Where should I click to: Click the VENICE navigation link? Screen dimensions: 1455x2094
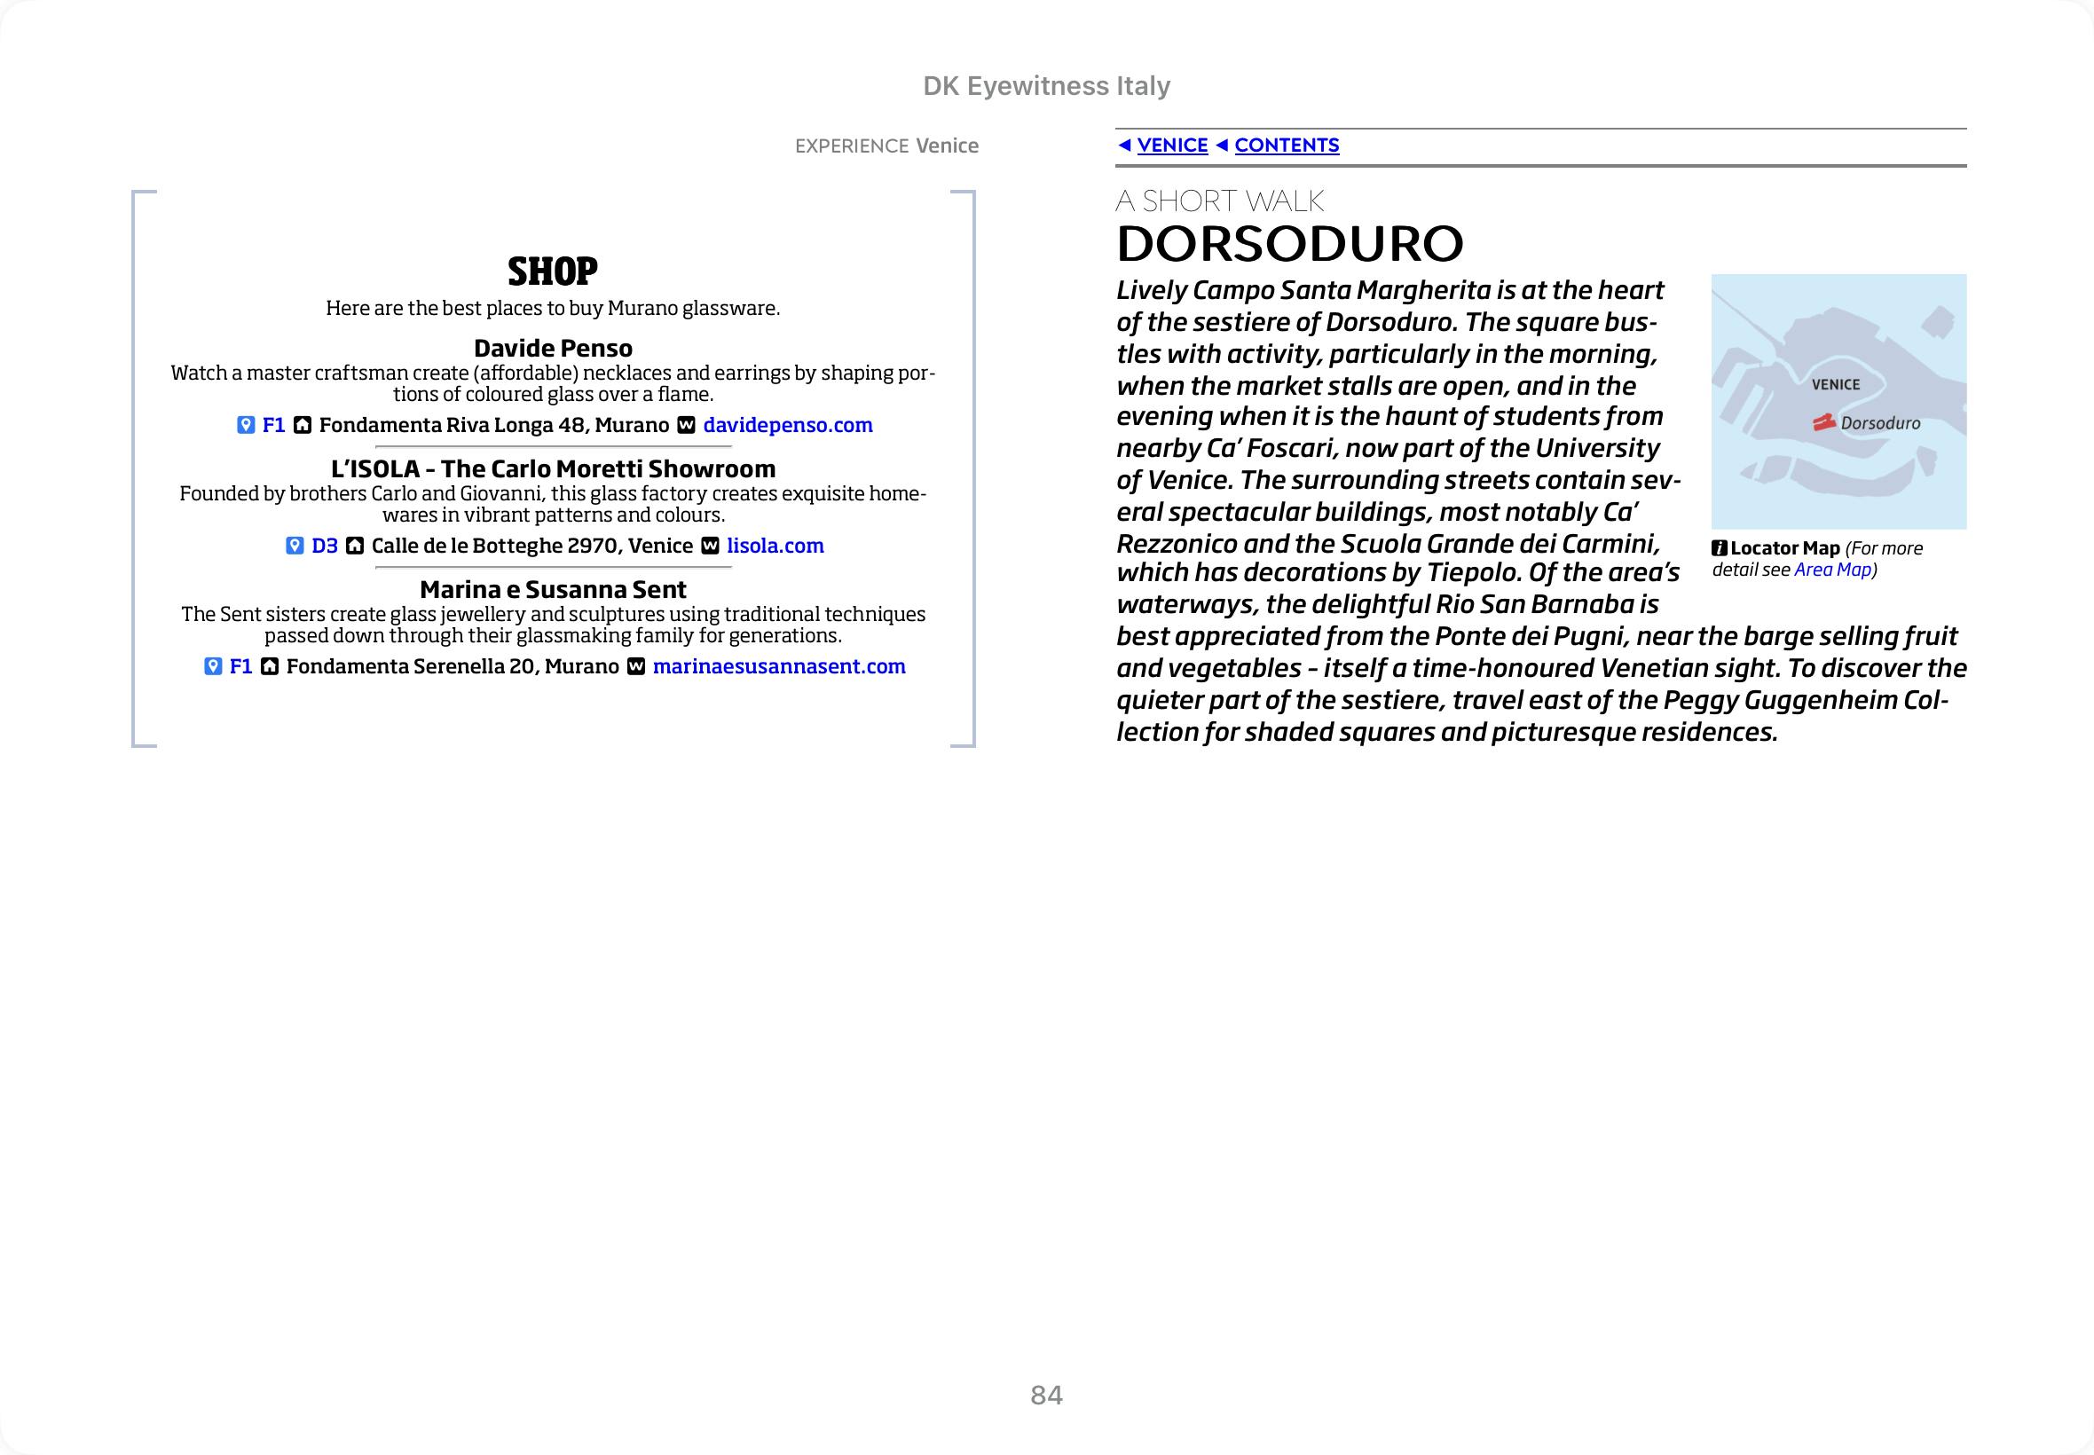pos(1171,145)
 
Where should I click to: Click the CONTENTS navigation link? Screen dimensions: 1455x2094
pos(1287,145)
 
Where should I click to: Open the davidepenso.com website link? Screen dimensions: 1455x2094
pos(788,425)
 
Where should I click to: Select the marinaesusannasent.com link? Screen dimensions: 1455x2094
pos(778,666)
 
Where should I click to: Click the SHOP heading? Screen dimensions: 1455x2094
pos(553,271)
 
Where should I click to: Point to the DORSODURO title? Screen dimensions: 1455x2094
pos(1289,243)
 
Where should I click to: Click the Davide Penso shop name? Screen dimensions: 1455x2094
pos(553,349)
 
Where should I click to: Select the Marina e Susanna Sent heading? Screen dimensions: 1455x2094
pos(553,589)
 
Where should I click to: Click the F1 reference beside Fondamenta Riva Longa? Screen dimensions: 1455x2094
pos(273,425)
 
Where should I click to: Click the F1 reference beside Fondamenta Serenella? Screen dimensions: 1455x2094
pos(240,666)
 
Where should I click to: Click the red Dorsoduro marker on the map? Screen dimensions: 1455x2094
pos(1823,422)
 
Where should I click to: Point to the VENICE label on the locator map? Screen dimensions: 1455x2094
pos(1835,385)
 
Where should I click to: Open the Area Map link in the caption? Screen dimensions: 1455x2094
pos(1831,570)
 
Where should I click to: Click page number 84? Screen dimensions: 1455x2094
pos(1045,1395)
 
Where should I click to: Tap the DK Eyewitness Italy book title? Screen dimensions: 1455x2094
pos(1045,86)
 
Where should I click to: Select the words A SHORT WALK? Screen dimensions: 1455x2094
pos(1219,201)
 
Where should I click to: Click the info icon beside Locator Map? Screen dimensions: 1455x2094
pos(1720,548)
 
